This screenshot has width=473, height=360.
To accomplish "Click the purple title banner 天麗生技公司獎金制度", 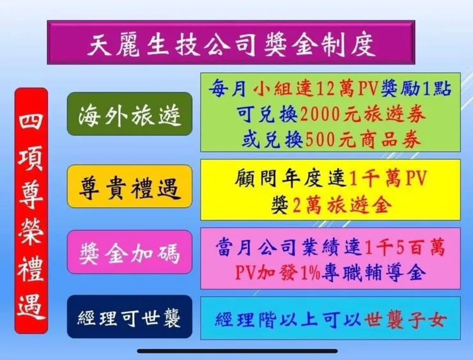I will (x=230, y=42).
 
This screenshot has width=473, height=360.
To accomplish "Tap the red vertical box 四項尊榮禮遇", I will (x=31, y=210).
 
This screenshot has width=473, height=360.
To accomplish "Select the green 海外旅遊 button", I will (x=130, y=113).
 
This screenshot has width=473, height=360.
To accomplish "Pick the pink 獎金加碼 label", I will (x=130, y=252).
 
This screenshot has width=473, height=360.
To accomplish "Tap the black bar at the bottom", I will (x=236, y=350).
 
